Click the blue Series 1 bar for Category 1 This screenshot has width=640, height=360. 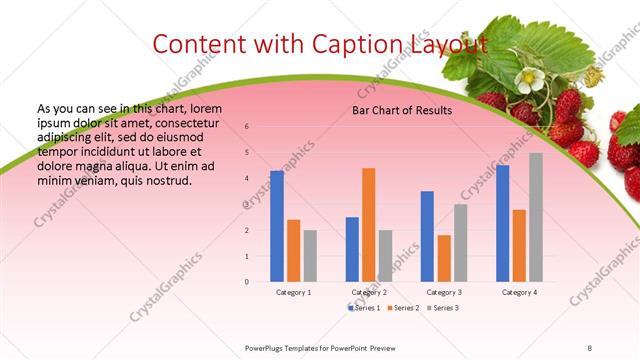tap(277, 226)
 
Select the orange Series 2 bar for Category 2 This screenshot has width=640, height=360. tap(368, 225)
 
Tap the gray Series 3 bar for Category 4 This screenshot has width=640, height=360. tap(536, 217)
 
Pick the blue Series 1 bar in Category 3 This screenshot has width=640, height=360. tap(427, 236)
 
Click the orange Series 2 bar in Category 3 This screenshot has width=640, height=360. tap(444, 258)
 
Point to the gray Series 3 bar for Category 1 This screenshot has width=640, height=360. tap(310, 256)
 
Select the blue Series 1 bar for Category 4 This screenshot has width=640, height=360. tap(502, 223)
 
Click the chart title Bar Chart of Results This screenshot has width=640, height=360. tap(402, 110)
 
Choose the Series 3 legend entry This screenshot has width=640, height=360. tap(444, 307)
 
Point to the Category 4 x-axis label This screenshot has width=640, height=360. tap(519, 292)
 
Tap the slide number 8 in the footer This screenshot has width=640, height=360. tap(590, 346)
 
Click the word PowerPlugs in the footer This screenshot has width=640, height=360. tap(266, 346)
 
